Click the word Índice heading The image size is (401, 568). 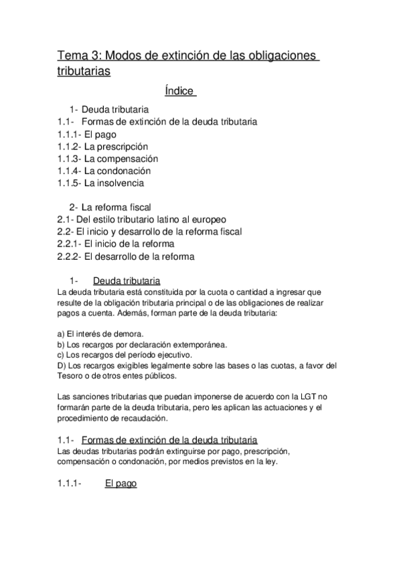(179, 90)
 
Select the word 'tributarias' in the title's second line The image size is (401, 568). (84, 70)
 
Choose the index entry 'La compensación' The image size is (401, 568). (121, 159)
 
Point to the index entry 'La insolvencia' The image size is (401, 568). (114, 182)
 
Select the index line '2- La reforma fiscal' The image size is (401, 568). (110, 207)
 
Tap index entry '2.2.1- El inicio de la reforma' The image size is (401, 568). (116, 244)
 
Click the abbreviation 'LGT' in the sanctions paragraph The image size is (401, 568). (299, 397)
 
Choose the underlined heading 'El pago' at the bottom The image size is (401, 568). (121, 482)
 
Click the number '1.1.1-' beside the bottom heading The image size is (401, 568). (70, 482)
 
